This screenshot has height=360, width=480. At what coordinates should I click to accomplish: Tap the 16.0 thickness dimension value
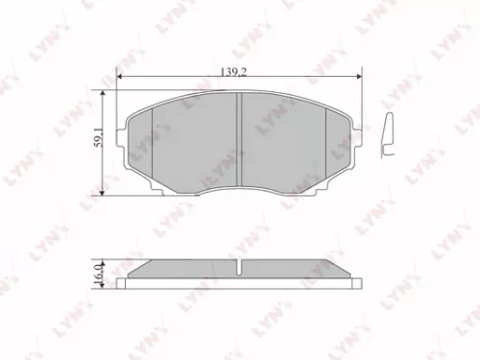pos(98,273)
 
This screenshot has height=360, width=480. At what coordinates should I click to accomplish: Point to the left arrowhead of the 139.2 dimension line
pos(119,77)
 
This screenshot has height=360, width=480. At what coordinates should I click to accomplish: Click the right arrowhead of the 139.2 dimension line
pos(356,77)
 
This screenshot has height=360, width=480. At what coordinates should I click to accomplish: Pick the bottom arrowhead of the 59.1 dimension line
pos(103,191)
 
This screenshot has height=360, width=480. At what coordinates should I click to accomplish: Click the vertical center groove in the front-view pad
pos(239,134)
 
